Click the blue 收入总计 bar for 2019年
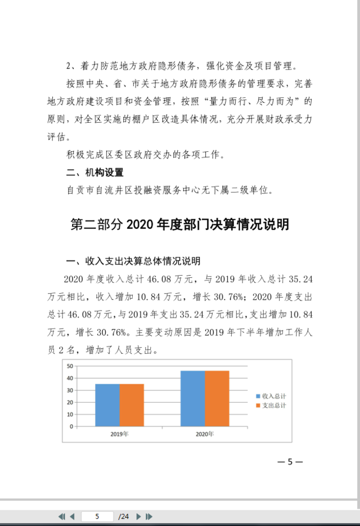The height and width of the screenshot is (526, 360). click(x=107, y=405)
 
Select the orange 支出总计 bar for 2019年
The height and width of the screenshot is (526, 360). click(x=132, y=405)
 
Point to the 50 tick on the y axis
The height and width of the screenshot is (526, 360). click(x=70, y=366)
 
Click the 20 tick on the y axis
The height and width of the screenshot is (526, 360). click(x=70, y=402)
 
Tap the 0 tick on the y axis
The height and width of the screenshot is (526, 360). click(x=72, y=426)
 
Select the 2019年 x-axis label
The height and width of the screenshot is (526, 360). click(x=119, y=434)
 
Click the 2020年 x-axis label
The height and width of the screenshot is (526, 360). click(x=205, y=434)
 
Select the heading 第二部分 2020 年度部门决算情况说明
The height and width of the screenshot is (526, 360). click(x=179, y=224)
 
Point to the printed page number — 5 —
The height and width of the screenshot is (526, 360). click(x=290, y=462)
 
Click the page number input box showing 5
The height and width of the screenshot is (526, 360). click(x=97, y=516)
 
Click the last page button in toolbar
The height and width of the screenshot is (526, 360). click(x=149, y=516)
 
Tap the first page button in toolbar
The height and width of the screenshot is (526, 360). click(x=62, y=516)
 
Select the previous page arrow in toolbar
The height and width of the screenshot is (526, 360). click(x=72, y=516)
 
